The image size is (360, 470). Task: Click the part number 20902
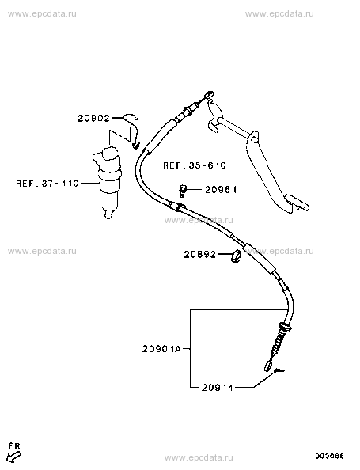pyautogui.click(x=94, y=119)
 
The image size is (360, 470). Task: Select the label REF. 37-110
pyautogui.click(x=47, y=183)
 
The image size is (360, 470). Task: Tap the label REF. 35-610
pyautogui.click(x=195, y=165)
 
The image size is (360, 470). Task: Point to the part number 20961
pyautogui.click(x=221, y=190)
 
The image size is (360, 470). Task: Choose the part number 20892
pyautogui.click(x=200, y=255)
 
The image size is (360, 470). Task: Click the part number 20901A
pyautogui.click(x=161, y=349)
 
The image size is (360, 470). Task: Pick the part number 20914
pyautogui.click(x=218, y=388)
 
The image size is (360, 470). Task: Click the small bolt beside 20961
pyautogui.click(x=182, y=191)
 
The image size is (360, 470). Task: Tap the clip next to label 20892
pyautogui.click(x=237, y=256)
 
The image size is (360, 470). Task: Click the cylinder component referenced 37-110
pyautogui.click(x=108, y=180)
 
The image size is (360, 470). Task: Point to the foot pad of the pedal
pyautogui.click(x=297, y=203)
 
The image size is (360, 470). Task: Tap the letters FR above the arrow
pyautogui.click(x=14, y=446)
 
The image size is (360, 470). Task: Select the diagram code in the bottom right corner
pyautogui.click(x=329, y=457)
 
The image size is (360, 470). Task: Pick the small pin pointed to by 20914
pyautogui.click(x=279, y=371)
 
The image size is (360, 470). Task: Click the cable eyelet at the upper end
pyautogui.click(x=209, y=94)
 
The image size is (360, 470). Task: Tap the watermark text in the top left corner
pyautogui.click(x=42, y=13)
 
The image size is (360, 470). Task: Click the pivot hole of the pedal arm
pyautogui.click(x=254, y=140)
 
